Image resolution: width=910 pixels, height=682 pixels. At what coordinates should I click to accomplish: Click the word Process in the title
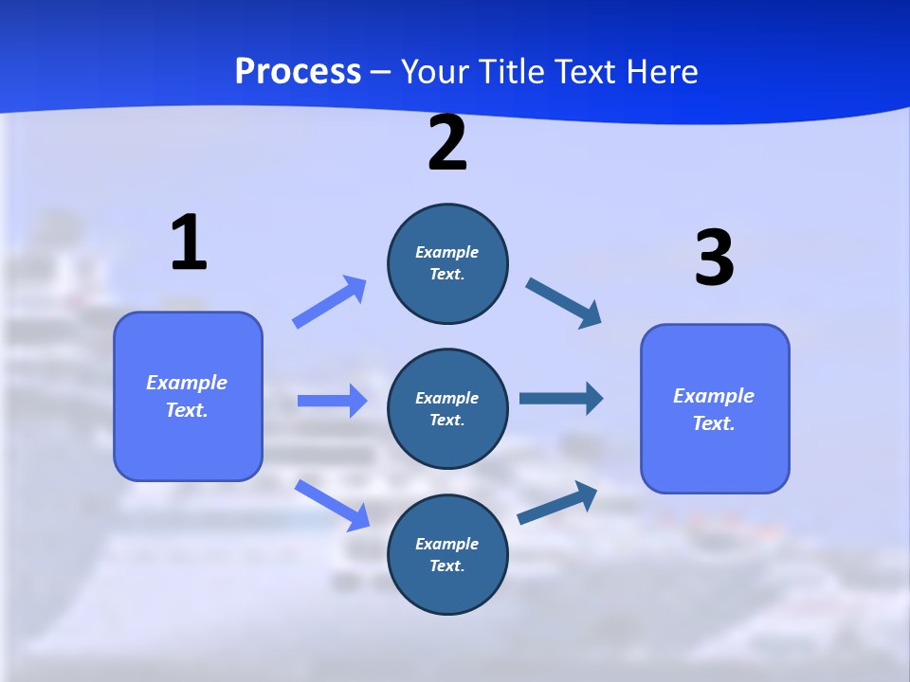(x=298, y=72)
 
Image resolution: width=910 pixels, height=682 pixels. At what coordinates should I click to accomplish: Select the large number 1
(x=189, y=242)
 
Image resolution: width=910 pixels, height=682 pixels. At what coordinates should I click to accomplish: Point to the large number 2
(x=447, y=144)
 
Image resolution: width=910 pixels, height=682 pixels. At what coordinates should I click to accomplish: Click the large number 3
(x=714, y=259)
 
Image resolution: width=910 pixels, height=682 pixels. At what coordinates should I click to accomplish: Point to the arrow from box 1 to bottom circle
(x=332, y=504)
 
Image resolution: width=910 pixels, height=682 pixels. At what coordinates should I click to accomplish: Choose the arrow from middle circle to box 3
(x=561, y=398)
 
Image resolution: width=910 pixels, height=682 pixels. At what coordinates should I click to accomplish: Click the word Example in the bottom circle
(x=447, y=544)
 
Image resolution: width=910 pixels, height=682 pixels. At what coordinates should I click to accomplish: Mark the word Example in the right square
(x=714, y=396)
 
